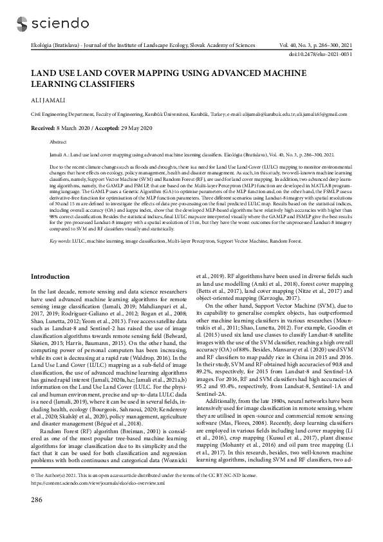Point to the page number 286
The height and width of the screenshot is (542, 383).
pos(37,517)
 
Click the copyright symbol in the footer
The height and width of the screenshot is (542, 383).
pos(33,492)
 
